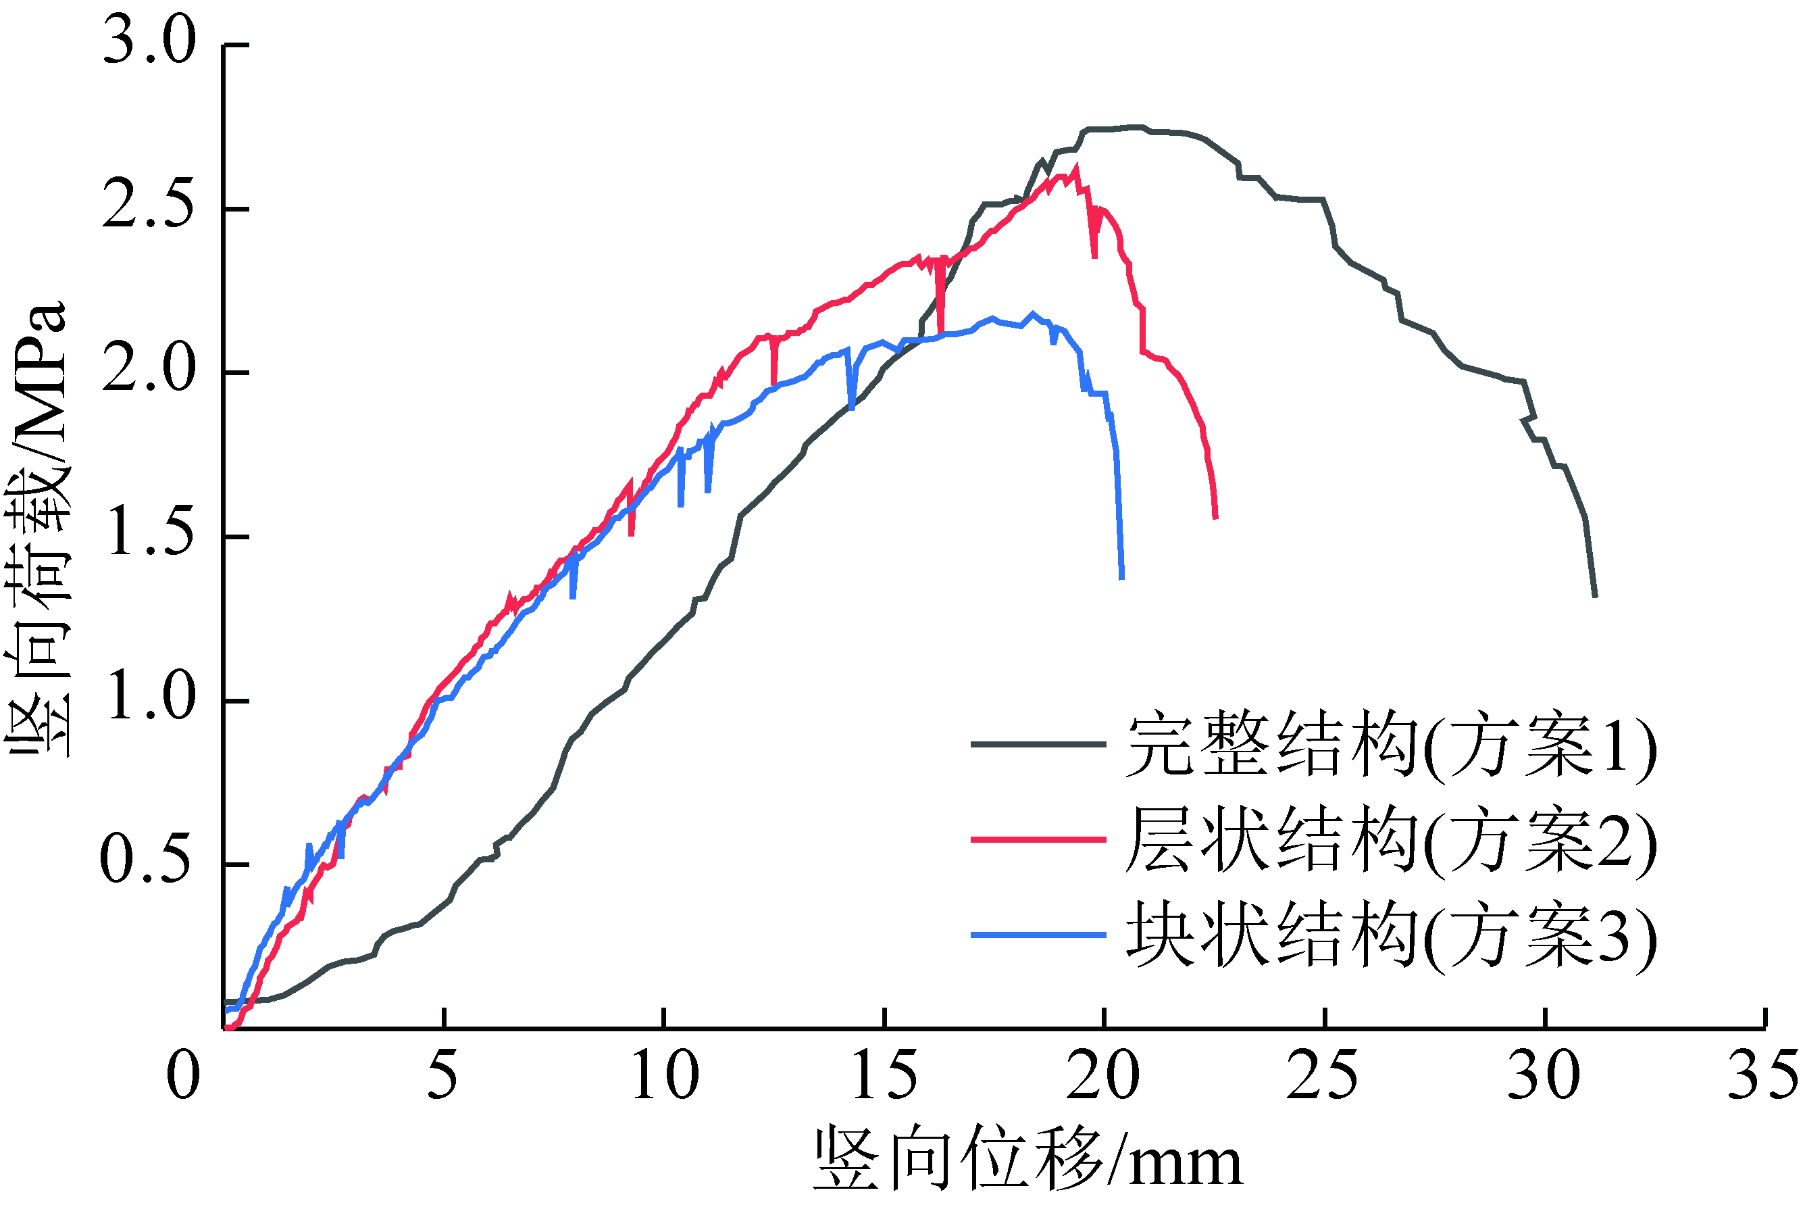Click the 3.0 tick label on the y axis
(149, 42)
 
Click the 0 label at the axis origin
(183, 1076)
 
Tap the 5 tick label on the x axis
(442, 1076)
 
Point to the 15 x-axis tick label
(884, 1076)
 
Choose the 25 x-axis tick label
(1323, 1076)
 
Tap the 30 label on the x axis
(1544, 1076)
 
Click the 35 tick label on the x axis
(1762, 1076)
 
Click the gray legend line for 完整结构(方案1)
(1038, 744)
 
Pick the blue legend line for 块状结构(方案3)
(1038, 935)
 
